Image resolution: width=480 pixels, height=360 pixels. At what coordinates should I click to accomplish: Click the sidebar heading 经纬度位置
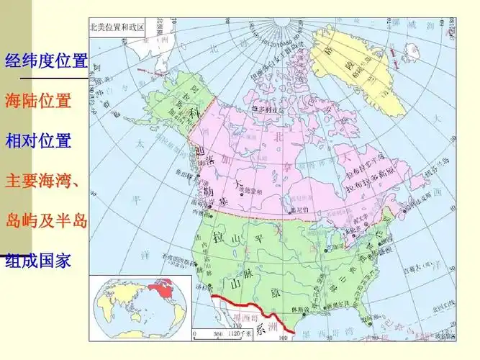46,60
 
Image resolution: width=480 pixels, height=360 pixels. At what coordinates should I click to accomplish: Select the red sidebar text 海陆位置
38,101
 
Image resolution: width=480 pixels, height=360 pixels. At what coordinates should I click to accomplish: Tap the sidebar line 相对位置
38,140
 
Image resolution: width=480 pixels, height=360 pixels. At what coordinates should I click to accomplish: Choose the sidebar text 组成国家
38,260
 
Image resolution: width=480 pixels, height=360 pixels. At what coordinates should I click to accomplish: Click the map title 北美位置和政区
117,28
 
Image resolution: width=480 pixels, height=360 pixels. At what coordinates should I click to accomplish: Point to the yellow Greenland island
360,68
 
